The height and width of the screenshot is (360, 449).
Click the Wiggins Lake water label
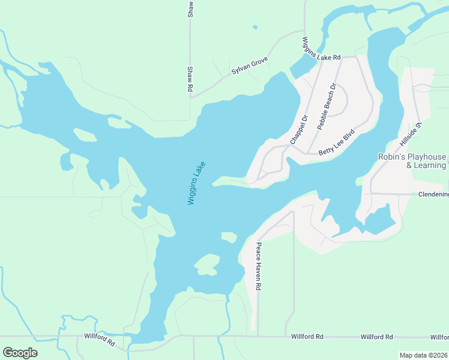pos(196,183)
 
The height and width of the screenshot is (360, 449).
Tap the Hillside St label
pos(412,135)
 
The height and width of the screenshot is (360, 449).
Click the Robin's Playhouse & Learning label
pos(412,161)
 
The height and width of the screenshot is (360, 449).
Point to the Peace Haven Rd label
pos(259,266)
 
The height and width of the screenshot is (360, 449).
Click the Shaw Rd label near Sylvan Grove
pos(190,79)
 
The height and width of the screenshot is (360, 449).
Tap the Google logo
pos(20,353)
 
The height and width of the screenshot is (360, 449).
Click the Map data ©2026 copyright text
pos(424,355)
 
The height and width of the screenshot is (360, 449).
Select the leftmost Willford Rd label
pos(100,340)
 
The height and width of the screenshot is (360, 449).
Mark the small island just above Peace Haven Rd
pos(229,236)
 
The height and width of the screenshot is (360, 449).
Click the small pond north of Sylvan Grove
pos(255,27)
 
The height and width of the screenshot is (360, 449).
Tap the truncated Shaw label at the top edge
pos(190,8)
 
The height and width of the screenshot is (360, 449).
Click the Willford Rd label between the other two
pos(307,337)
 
